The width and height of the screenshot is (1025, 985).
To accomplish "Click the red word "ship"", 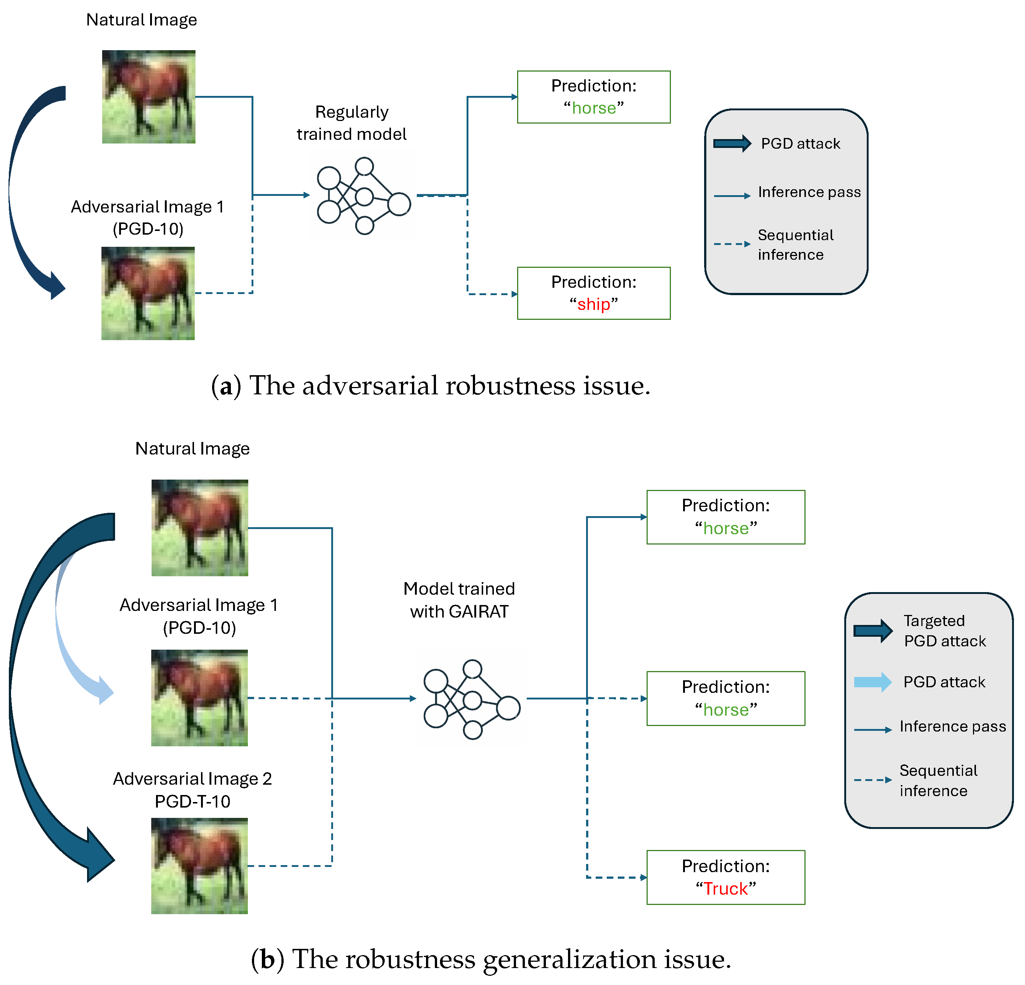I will pyautogui.click(x=593, y=304).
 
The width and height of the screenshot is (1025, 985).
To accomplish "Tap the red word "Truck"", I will pyautogui.click(x=726, y=888).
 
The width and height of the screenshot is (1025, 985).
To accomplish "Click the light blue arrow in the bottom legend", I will pyautogui.click(x=872, y=682).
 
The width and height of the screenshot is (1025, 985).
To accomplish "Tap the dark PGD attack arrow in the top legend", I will pyautogui.click(x=732, y=144).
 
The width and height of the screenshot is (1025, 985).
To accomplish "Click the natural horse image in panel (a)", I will pyautogui.click(x=149, y=97).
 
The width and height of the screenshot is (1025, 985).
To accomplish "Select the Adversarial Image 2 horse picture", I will pyautogui.click(x=199, y=866).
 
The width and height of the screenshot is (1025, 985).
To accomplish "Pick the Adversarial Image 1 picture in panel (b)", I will pyautogui.click(x=199, y=698).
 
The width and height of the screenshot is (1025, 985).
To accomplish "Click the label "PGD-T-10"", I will pyautogui.click(x=193, y=801).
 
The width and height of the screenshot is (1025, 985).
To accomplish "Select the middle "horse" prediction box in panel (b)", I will pyautogui.click(x=726, y=698).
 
